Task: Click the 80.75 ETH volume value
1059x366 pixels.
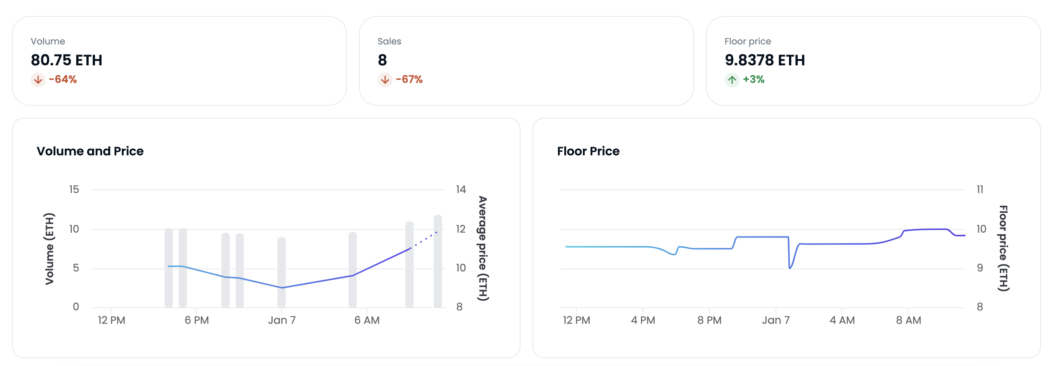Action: [67, 61]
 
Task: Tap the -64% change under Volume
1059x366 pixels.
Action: [62, 79]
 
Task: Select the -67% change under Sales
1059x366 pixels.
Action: [409, 79]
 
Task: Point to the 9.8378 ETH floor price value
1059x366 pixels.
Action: [764, 61]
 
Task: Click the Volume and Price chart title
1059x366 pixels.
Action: [90, 151]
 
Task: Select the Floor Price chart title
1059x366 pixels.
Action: [588, 151]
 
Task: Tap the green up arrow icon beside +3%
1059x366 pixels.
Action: [732, 80]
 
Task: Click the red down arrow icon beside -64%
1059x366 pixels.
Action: [38, 80]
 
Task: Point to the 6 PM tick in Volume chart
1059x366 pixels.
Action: [197, 320]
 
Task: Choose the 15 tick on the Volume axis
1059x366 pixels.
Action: [74, 189]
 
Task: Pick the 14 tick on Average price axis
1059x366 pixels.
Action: [460, 189]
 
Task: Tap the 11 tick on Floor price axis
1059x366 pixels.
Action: [980, 189]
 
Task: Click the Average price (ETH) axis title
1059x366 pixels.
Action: [483, 248]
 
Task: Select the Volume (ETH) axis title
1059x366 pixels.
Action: [49, 248]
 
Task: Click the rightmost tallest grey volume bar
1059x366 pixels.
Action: [438, 261]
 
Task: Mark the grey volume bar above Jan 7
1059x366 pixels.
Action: [282, 272]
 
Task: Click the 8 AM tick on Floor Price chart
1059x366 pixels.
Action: [908, 320]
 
